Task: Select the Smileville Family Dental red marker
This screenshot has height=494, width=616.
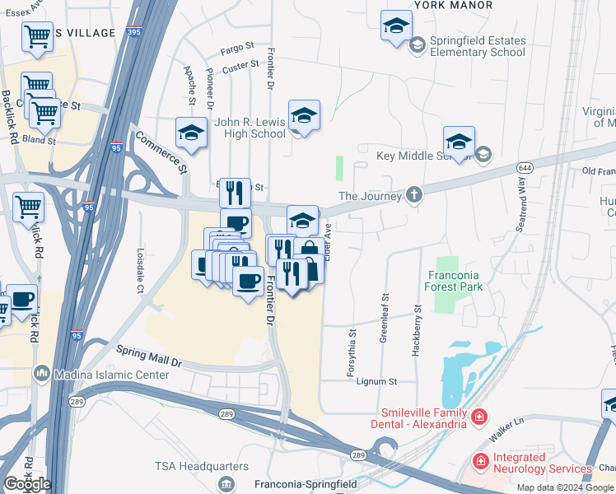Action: (x=478, y=419)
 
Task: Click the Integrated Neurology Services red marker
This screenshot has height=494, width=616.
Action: (x=478, y=463)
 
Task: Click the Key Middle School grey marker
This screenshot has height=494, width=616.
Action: (x=483, y=155)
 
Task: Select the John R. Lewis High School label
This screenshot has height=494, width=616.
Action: (x=250, y=128)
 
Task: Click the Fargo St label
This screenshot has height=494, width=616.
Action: (x=238, y=50)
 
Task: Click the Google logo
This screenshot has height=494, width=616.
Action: (x=26, y=483)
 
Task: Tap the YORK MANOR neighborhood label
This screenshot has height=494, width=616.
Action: (x=452, y=5)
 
